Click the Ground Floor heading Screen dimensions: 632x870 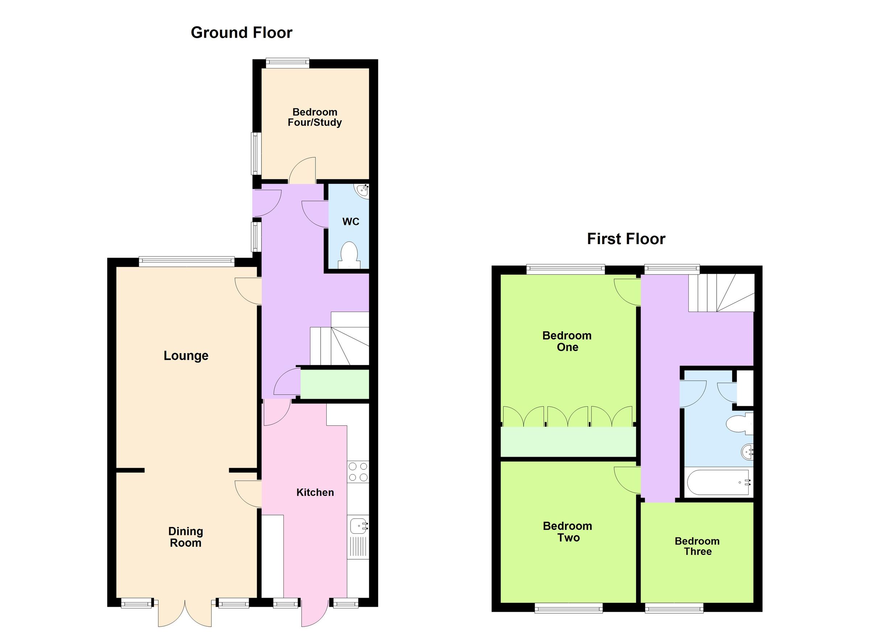(x=241, y=33)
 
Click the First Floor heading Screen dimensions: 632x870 (x=626, y=239)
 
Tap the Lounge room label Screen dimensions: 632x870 (x=186, y=356)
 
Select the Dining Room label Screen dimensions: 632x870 (x=186, y=537)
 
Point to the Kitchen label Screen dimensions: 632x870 (x=315, y=493)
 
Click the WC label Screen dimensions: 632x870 (x=351, y=222)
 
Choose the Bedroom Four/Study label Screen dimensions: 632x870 (x=315, y=117)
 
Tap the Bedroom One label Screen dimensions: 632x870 (x=567, y=341)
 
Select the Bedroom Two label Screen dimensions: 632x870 (x=567, y=532)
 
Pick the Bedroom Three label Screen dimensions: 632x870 (x=697, y=546)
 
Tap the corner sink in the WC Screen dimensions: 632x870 (x=362, y=191)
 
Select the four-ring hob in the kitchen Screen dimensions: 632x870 (x=357, y=472)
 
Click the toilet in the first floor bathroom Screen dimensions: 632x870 (x=738, y=423)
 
